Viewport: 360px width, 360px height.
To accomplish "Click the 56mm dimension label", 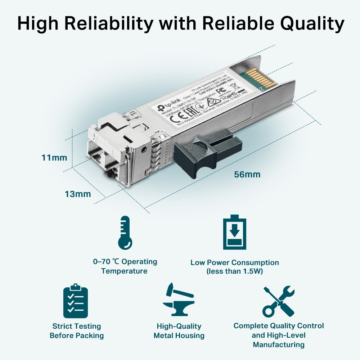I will (247, 175).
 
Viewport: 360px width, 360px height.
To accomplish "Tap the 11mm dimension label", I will (54, 157).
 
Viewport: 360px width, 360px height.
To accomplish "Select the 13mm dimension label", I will (78, 194).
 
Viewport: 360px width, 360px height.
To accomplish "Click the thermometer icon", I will (125, 233).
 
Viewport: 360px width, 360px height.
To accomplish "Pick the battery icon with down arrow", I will (235, 233).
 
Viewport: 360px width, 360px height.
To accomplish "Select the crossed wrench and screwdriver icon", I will (278, 301).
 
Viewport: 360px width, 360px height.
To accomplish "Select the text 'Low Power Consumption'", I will (235, 262).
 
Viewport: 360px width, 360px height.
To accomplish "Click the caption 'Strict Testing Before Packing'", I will (77, 331).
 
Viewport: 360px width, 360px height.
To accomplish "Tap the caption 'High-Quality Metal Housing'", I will (179, 331).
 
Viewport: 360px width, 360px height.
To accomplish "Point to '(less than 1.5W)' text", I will (235, 271).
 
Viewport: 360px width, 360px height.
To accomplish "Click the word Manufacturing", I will (278, 345).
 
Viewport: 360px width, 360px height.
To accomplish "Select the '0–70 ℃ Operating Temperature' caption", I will (125, 266).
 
